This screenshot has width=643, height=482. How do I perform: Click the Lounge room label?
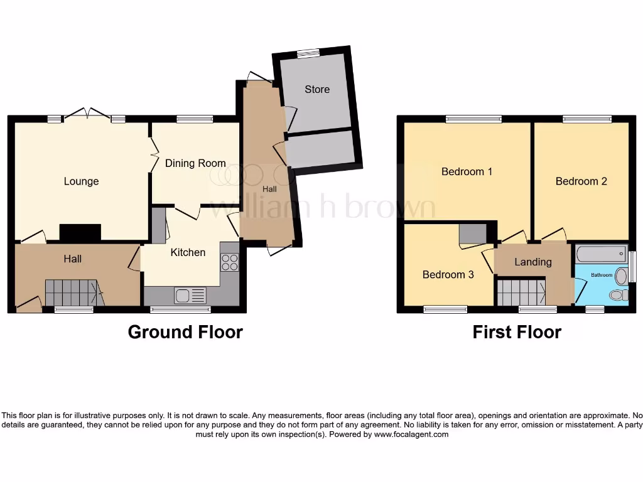(x=82, y=181)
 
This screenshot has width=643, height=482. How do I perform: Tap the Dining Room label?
(x=195, y=163)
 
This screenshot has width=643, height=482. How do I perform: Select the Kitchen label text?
(x=188, y=252)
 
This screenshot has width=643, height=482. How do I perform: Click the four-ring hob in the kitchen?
(x=230, y=262)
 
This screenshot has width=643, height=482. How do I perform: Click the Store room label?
(x=317, y=89)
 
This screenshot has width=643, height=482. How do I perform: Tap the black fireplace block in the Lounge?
(x=80, y=232)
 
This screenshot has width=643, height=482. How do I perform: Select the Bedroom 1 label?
(x=467, y=171)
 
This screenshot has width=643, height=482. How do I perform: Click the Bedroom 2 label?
(x=581, y=181)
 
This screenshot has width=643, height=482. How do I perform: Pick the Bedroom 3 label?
(x=448, y=274)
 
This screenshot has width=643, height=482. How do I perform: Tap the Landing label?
(x=533, y=262)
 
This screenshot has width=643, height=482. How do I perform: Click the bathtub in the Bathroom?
(x=601, y=254)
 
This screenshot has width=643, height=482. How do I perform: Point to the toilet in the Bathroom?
(x=619, y=294)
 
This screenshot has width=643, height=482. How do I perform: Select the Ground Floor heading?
(x=185, y=332)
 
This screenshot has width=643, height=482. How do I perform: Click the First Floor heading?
(x=517, y=332)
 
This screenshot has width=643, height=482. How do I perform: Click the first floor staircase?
(x=521, y=292)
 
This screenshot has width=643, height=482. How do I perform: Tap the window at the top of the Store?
(x=307, y=54)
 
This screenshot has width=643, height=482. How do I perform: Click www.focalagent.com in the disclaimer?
(x=411, y=434)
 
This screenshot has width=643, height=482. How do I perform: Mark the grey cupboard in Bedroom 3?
(x=472, y=233)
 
